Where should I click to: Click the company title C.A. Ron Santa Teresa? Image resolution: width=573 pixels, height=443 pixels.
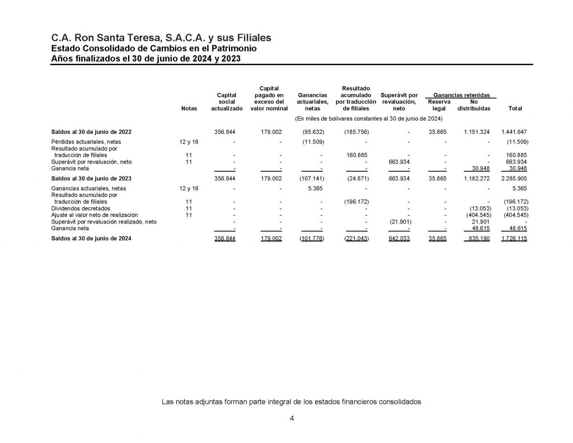click(161, 38)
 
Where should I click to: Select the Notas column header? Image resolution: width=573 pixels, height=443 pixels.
click(190, 109)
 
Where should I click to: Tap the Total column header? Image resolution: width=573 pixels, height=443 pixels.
click(513, 109)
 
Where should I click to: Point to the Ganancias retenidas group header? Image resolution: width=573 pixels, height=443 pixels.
click(461, 95)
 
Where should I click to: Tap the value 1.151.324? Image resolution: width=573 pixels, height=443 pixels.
click(477, 132)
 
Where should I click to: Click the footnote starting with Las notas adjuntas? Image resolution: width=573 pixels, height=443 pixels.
click(291, 402)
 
